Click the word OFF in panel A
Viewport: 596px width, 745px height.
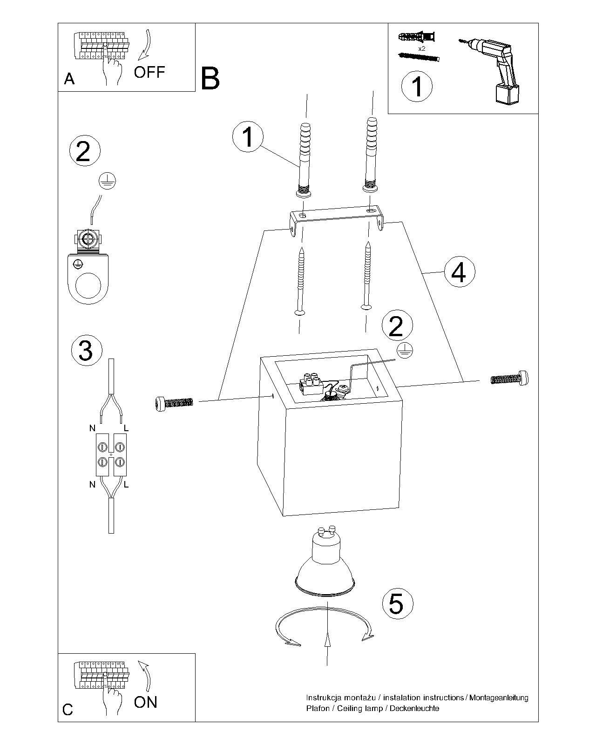[x=149, y=72]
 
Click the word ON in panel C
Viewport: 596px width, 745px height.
[x=146, y=702]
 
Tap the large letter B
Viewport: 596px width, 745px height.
[x=210, y=79]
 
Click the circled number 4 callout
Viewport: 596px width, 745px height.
[x=459, y=273]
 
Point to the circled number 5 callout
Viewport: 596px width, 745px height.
[x=397, y=604]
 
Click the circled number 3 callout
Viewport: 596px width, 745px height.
[x=86, y=350]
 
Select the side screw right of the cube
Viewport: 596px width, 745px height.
[x=510, y=378]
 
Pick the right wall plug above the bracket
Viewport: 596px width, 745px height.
[x=372, y=156]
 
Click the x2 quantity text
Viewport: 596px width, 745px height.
[x=422, y=48]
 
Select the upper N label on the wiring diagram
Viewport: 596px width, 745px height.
[x=92, y=428]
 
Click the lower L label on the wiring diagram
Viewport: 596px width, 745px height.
[x=126, y=485]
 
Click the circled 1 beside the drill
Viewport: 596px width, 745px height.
[x=417, y=86]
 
